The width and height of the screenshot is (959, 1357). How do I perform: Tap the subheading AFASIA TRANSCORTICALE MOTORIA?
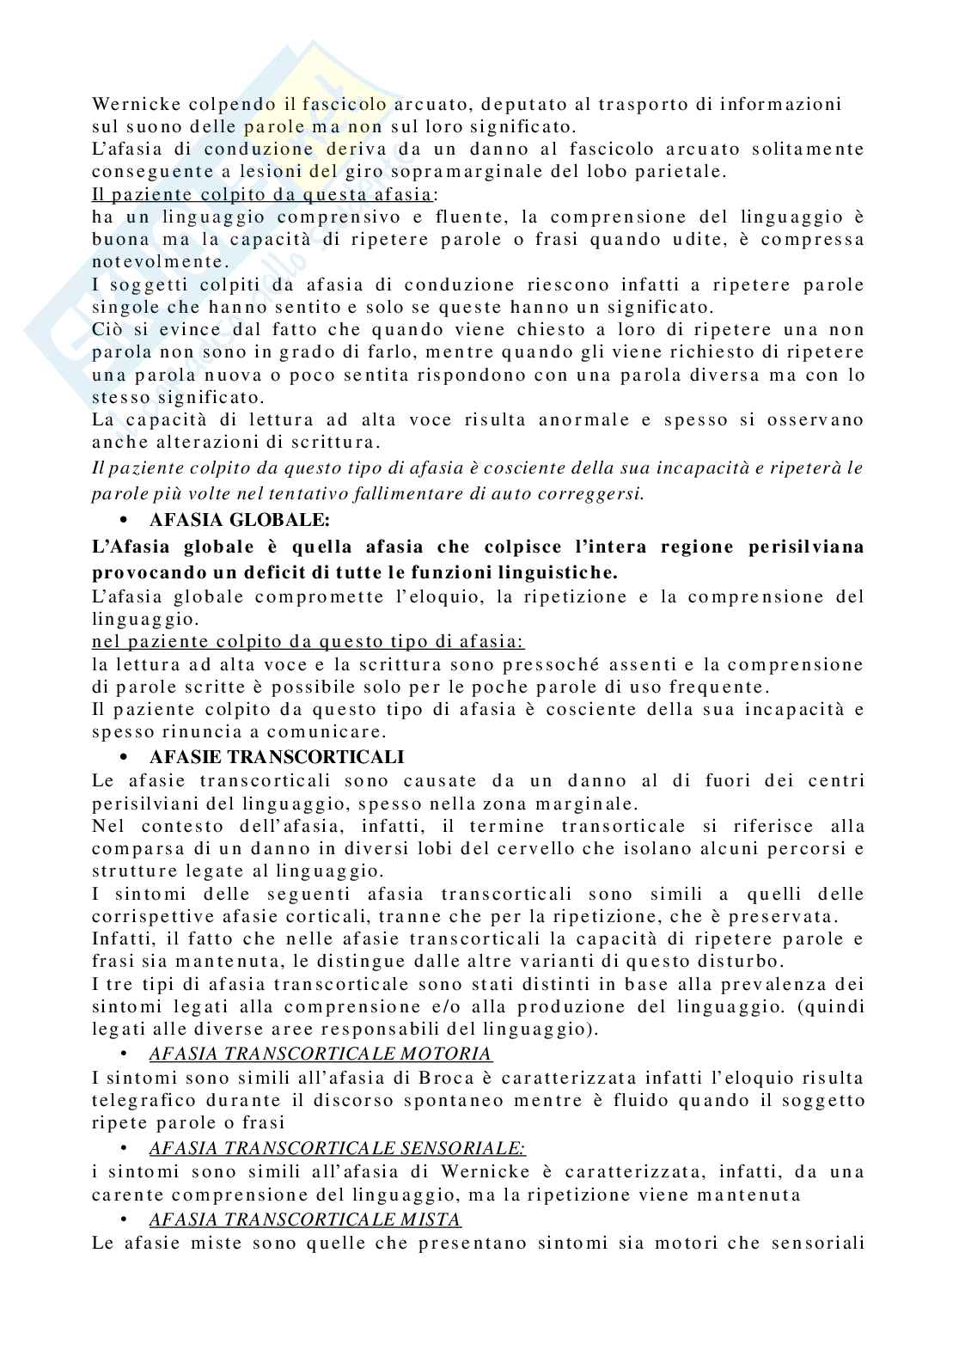click(x=320, y=1054)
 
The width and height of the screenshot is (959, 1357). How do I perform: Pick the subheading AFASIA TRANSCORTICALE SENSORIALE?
click(x=337, y=1147)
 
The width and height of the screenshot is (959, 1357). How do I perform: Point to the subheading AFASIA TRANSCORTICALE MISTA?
click(x=304, y=1219)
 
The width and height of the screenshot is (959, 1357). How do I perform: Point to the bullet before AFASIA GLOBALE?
click(x=125, y=520)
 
